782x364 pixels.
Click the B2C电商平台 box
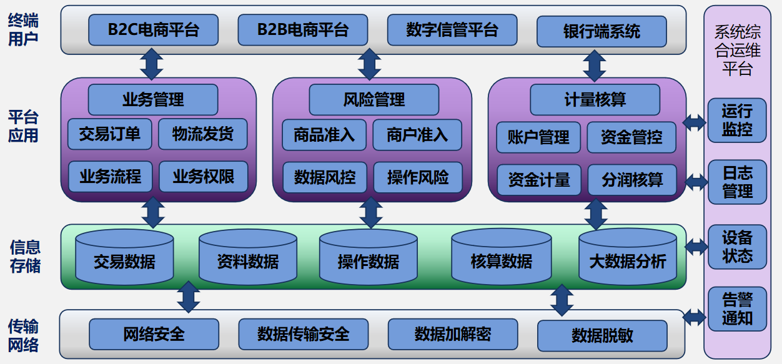point(153,30)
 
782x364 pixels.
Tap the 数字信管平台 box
point(452,30)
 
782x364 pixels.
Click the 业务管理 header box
point(153,99)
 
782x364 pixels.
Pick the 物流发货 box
point(203,134)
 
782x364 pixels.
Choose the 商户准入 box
point(417,135)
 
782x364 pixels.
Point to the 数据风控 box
point(325,177)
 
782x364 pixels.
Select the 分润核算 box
point(632,180)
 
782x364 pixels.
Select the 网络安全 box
point(154,334)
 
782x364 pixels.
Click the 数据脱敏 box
point(602,335)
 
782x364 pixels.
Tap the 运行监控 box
point(737,121)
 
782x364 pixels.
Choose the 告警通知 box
point(737,309)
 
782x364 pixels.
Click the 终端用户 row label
point(24,29)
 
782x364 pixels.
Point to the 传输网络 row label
point(24,335)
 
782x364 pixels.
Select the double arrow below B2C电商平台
point(151,63)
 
